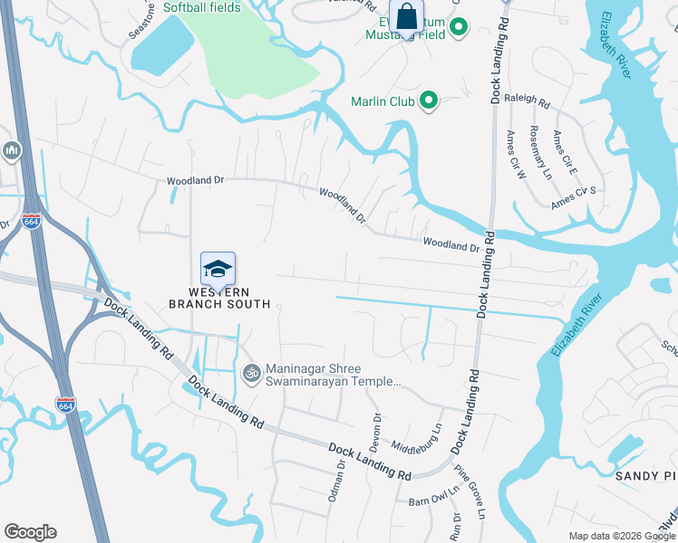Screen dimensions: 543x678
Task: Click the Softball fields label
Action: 204,7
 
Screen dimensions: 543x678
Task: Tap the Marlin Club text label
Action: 383,101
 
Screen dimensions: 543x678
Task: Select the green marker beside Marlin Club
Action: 430,101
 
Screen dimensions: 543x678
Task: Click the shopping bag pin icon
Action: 407,17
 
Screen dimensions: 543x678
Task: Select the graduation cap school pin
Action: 218,269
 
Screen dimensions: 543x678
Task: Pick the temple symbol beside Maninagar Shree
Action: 250,372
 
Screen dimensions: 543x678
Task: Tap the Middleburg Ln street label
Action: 416,437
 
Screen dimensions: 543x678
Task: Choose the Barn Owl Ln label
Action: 430,500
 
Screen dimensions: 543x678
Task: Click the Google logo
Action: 30,532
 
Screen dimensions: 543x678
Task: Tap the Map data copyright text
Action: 622,536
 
